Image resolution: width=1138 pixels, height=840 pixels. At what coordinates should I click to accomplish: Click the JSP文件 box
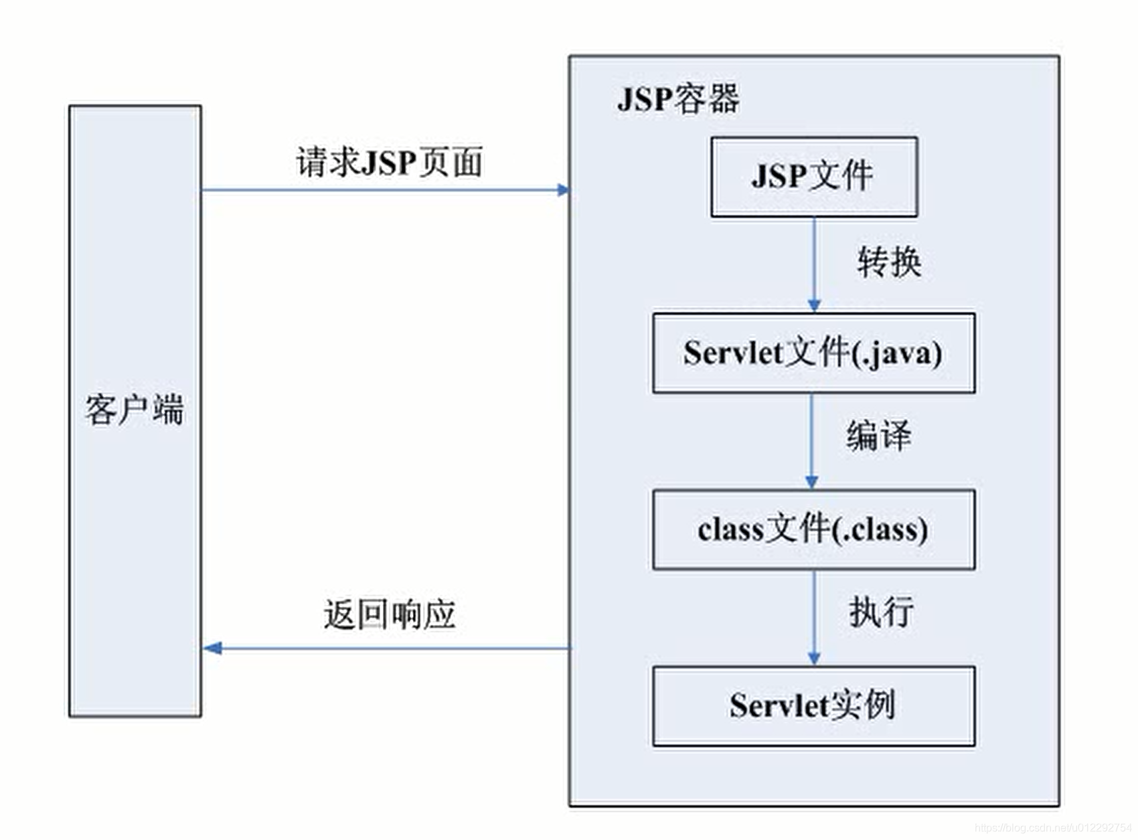click(813, 177)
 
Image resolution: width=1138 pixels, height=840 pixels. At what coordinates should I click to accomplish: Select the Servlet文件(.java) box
click(813, 353)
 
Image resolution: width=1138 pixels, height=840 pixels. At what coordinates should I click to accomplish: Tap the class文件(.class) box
click(813, 529)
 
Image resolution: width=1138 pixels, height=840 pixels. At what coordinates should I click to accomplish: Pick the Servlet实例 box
click(813, 705)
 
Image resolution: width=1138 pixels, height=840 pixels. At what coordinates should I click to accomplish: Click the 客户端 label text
click(135, 409)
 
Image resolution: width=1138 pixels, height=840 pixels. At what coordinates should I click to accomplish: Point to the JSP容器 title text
click(677, 99)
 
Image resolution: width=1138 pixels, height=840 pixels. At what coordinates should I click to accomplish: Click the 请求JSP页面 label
click(389, 163)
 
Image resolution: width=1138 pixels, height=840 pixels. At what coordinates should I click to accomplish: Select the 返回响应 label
click(389, 614)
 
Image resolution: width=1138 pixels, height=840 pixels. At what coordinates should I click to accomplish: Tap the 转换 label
click(889, 262)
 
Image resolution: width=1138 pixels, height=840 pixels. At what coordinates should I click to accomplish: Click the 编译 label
click(878, 436)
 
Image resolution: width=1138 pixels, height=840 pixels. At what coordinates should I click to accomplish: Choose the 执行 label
click(881, 611)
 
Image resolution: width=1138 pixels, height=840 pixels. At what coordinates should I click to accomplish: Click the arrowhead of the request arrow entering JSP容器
click(563, 190)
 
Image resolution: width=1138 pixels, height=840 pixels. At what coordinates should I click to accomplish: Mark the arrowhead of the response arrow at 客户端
click(212, 648)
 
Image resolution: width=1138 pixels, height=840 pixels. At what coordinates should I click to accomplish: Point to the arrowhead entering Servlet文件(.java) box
click(814, 306)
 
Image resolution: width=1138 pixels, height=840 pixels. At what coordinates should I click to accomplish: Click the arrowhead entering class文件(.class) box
click(811, 483)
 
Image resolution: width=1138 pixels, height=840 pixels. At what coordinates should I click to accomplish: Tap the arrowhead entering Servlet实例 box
click(814, 659)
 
